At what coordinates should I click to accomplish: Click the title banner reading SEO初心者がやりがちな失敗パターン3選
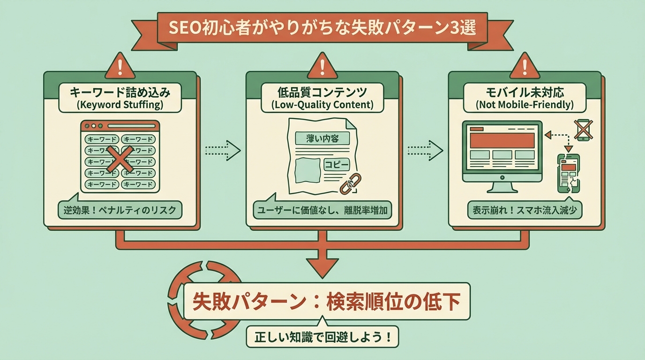(322, 30)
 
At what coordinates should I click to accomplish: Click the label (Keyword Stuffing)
(120, 105)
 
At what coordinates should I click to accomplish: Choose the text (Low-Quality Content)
(322, 105)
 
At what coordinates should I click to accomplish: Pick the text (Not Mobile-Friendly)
(525, 105)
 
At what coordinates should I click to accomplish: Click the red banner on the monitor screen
(502, 140)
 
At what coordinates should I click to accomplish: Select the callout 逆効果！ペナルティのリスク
(120, 210)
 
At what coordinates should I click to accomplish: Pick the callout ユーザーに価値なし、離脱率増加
(322, 210)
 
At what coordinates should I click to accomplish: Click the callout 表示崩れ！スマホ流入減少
(525, 210)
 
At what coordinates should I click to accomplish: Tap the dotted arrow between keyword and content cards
(223, 150)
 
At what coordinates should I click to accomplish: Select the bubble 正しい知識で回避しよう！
(322, 337)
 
